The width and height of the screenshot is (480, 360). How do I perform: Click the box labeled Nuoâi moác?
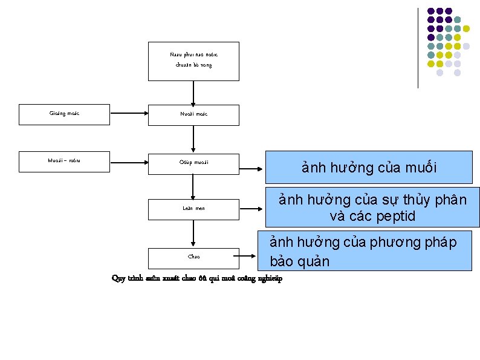click(193, 115)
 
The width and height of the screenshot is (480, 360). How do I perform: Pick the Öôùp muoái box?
click(193, 163)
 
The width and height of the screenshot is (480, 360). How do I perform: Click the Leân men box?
click(193, 209)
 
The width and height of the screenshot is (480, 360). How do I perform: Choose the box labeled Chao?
click(193, 257)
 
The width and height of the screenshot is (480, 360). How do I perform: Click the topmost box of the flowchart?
click(193, 61)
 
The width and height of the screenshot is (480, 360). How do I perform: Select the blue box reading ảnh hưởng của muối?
click(369, 168)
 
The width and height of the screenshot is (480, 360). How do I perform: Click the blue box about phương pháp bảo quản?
click(364, 251)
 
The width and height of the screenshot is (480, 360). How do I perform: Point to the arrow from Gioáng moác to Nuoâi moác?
click(129, 113)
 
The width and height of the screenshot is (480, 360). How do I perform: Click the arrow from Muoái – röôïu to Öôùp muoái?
click(129, 162)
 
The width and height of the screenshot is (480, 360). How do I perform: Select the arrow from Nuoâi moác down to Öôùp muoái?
click(193, 139)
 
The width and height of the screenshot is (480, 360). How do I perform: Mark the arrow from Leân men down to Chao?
click(193, 234)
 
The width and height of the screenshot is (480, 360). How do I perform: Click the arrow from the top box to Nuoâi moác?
click(193, 93)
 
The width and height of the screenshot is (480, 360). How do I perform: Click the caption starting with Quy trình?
click(196, 278)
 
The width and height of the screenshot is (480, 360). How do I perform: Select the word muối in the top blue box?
click(421, 168)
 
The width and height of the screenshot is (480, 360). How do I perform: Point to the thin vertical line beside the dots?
click(418, 48)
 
